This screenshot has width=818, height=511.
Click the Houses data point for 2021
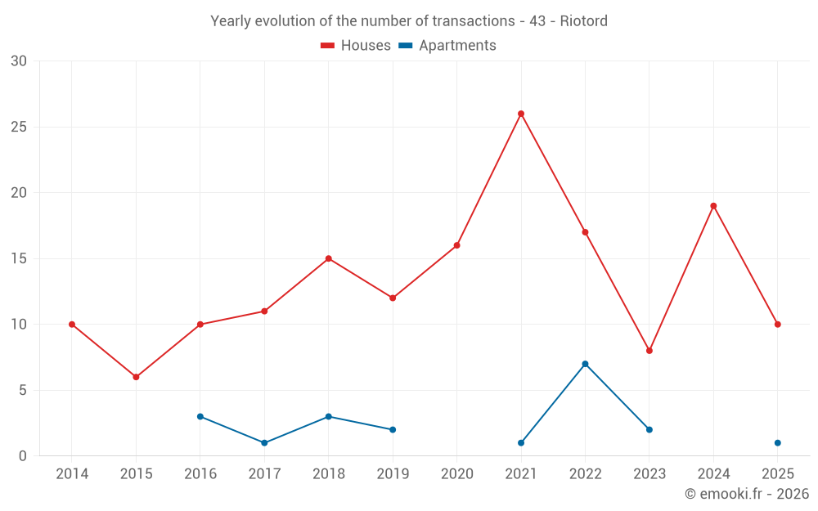[x=521, y=114]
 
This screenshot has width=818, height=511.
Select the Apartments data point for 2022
[x=585, y=364]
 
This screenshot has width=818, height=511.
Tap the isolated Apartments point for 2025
[x=777, y=443]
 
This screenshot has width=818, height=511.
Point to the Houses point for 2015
[x=136, y=377]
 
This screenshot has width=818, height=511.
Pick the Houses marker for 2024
[x=713, y=206]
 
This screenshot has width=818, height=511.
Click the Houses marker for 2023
[x=649, y=351]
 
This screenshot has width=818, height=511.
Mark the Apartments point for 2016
[x=200, y=416]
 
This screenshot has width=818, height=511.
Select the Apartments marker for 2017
[x=264, y=443]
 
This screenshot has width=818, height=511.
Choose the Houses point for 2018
[x=328, y=258]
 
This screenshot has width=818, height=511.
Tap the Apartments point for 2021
[x=521, y=443]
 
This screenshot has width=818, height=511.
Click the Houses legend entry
[x=356, y=46]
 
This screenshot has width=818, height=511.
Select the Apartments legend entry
[x=447, y=46]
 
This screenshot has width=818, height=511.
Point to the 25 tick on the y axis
[x=18, y=127]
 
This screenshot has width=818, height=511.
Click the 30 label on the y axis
[x=18, y=61]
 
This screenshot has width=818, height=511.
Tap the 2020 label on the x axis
[x=456, y=474]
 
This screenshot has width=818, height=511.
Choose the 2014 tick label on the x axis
[x=72, y=474]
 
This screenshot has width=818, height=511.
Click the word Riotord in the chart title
[x=583, y=21]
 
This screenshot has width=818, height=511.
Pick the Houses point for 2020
[x=456, y=245]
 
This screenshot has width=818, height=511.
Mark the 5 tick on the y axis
[x=22, y=390]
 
